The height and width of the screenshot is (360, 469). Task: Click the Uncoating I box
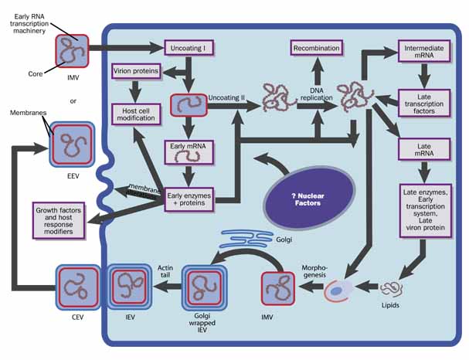(x=188, y=48)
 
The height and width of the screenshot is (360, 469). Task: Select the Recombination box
(x=316, y=48)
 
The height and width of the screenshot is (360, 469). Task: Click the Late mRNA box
(x=424, y=148)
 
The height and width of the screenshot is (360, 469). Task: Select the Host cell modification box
(x=136, y=114)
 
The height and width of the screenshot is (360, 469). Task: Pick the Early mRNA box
(x=188, y=150)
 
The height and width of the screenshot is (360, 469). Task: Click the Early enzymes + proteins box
(x=189, y=199)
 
